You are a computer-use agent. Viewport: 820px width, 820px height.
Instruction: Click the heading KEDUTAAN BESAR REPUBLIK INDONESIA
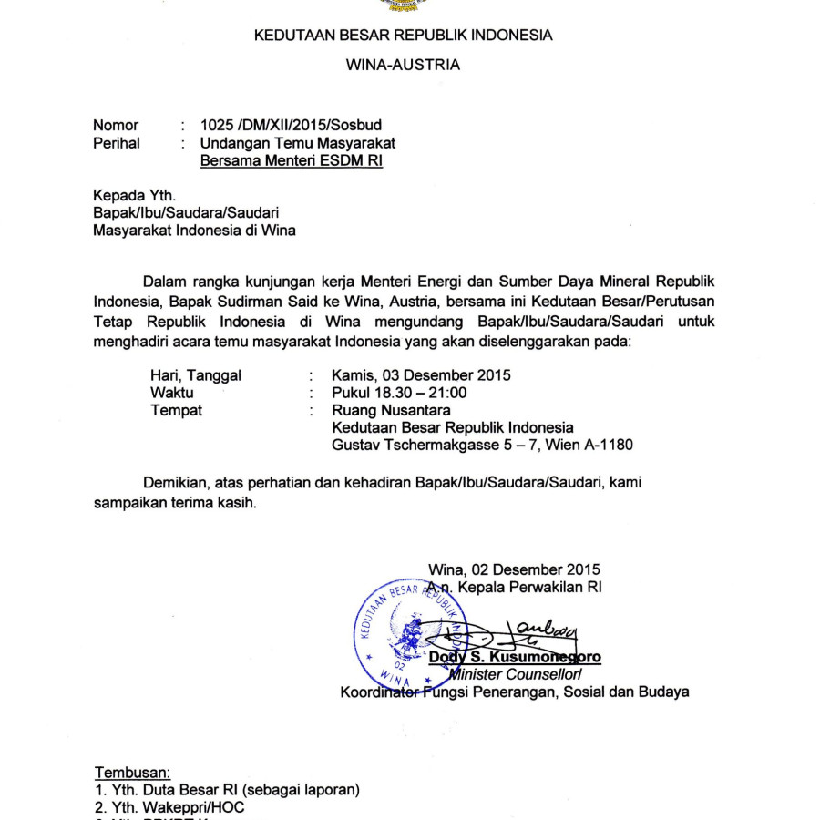tap(403, 36)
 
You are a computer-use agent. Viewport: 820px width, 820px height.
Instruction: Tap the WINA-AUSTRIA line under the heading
tap(403, 65)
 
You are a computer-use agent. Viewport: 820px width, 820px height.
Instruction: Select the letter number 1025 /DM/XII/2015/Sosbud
tap(291, 125)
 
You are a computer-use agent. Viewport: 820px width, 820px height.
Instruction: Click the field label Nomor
tap(116, 125)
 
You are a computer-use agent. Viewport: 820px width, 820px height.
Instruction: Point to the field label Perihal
tap(117, 143)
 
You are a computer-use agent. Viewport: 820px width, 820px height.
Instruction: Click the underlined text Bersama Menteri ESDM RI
tap(292, 161)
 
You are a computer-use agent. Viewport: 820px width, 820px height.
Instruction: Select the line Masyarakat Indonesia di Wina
tap(194, 231)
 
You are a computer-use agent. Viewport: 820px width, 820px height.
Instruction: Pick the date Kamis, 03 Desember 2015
tap(421, 374)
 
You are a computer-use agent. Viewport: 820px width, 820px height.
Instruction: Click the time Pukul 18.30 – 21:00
tap(399, 393)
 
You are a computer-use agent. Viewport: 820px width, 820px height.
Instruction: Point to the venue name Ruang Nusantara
tap(391, 410)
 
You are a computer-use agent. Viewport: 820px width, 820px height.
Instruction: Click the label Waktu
tap(170, 393)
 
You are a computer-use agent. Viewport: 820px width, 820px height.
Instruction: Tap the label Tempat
tap(176, 410)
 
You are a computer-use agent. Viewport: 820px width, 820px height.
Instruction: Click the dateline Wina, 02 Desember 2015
tap(514, 570)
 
